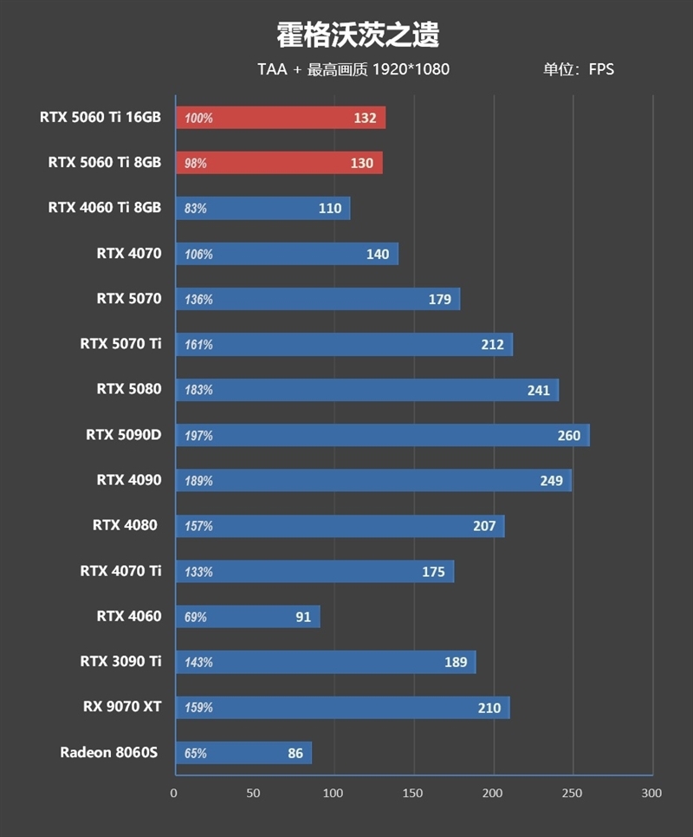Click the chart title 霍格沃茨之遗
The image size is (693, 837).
tap(358, 35)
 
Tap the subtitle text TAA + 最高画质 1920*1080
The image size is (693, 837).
tap(353, 69)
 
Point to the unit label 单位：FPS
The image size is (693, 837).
tap(578, 69)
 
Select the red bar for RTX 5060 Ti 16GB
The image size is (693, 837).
tap(281, 118)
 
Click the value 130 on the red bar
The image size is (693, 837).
tap(362, 163)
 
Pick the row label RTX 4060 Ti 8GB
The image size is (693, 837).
tap(105, 208)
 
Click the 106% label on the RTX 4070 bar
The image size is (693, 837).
tap(198, 254)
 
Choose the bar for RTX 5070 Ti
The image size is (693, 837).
tap(344, 344)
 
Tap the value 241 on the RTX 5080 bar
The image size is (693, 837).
tap(538, 390)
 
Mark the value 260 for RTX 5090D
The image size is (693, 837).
tap(568, 435)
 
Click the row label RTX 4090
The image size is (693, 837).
tap(129, 480)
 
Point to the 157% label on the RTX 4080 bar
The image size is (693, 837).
tap(198, 526)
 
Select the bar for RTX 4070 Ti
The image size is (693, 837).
tap(314, 571)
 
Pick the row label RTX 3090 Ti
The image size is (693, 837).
tap(120, 662)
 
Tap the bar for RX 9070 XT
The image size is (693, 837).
tap(342, 707)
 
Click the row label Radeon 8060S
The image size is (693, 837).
tap(109, 752)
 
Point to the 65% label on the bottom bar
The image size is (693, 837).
tap(196, 753)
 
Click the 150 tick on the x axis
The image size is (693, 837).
tap(413, 793)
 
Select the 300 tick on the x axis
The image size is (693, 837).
tap(651, 793)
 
